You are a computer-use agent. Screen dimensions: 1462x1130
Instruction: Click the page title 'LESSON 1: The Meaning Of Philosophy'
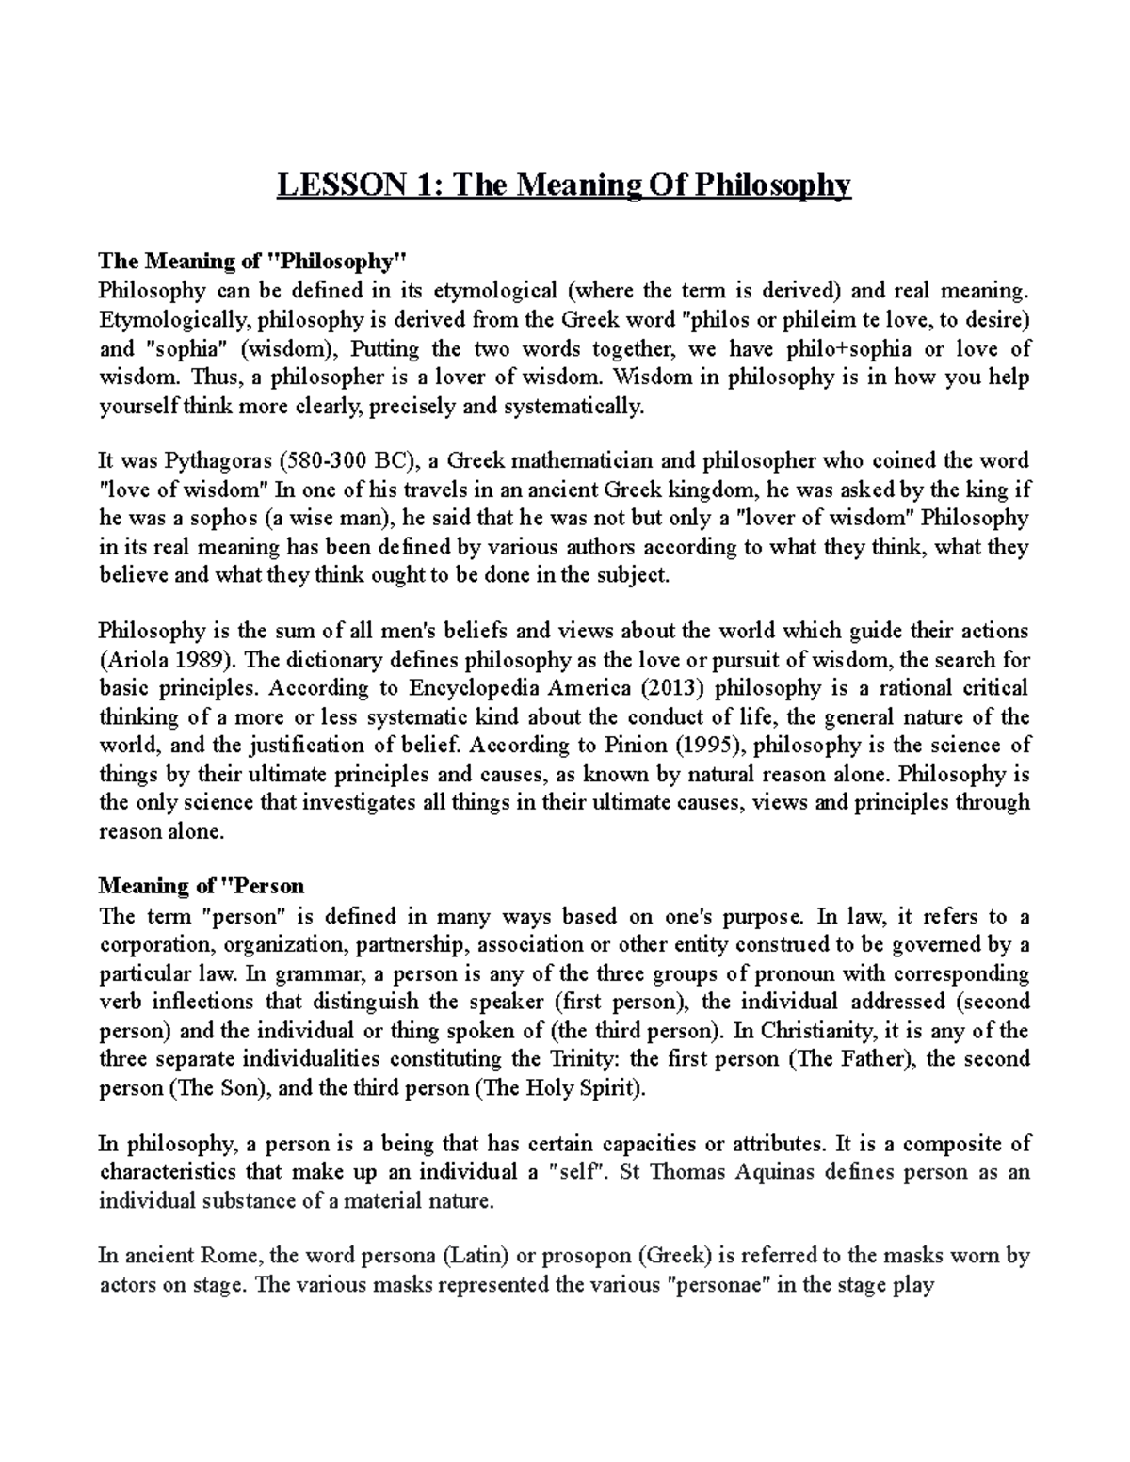coord(563,185)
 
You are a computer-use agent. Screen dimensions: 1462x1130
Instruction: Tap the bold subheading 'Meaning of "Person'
coord(202,886)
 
